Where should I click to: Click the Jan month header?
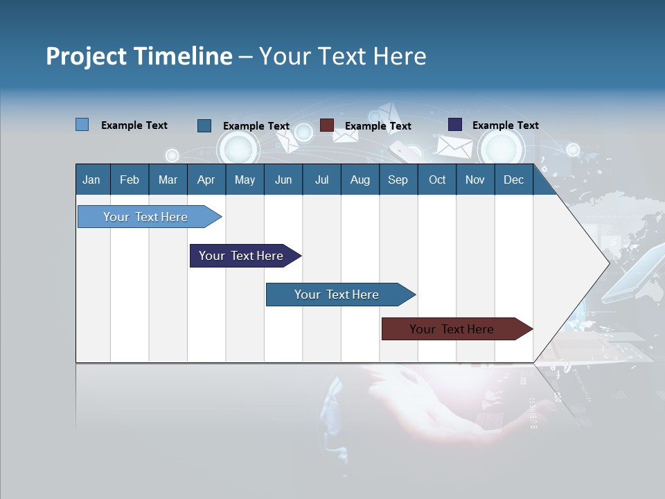91,180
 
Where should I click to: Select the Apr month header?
206,180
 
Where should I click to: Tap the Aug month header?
360,180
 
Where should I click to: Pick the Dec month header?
513,180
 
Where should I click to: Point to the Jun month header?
283,180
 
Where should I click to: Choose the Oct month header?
436,180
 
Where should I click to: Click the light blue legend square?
82,125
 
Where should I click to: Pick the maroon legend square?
327,125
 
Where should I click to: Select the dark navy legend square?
455,125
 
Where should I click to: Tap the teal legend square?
204,125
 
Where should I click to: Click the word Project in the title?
87,56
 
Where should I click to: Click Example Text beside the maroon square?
378,126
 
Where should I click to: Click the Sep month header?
398,180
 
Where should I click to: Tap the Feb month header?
130,180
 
